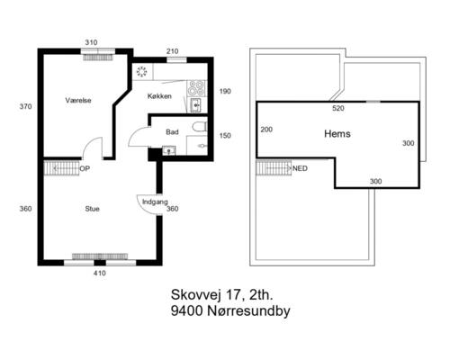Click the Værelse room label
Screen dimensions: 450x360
click(x=78, y=100)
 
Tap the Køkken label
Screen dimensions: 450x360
click(x=159, y=96)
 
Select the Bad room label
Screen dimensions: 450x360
click(x=172, y=132)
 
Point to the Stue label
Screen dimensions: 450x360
click(x=92, y=209)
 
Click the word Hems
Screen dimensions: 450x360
click(x=337, y=133)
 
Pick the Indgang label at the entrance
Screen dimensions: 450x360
click(x=155, y=202)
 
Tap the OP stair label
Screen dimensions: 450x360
click(x=85, y=168)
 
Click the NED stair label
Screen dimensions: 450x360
click(x=300, y=168)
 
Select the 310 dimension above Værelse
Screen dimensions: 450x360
click(x=91, y=42)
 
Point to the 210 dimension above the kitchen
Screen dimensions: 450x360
click(x=172, y=51)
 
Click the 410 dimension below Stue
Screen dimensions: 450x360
click(x=100, y=274)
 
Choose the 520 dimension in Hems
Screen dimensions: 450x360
click(x=338, y=108)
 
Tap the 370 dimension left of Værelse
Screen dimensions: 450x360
click(x=25, y=106)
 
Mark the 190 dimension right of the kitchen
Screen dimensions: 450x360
click(x=225, y=91)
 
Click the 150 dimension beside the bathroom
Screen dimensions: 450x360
click(x=225, y=136)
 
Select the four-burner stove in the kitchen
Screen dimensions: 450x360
click(x=196, y=88)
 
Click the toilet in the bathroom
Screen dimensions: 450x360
click(x=200, y=127)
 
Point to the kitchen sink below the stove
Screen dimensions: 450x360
click(x=196, y=105)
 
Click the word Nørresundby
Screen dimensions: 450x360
click(x=248, y=311)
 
